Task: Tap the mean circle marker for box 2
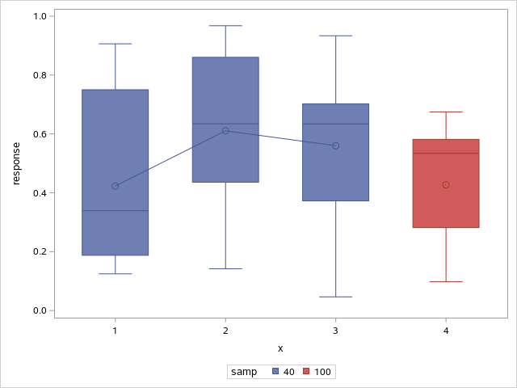[x=225, y=130]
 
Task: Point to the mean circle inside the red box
[x=446, y=184]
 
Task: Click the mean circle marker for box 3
[x=335, y=145]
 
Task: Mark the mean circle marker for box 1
[x=115, y=186]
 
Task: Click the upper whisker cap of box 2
[x=225, y=26]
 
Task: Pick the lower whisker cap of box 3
[x=335, y=297]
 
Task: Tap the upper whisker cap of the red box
[x=446, y=112]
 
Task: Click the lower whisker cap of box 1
[x=115, y=274]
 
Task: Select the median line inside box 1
[x=115, y=210]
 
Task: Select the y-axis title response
[x=16, y=163]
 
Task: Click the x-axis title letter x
[x=280, y=348]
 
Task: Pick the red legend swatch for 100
[x=308, y=372]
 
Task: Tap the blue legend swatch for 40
[x=275, y=372]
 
